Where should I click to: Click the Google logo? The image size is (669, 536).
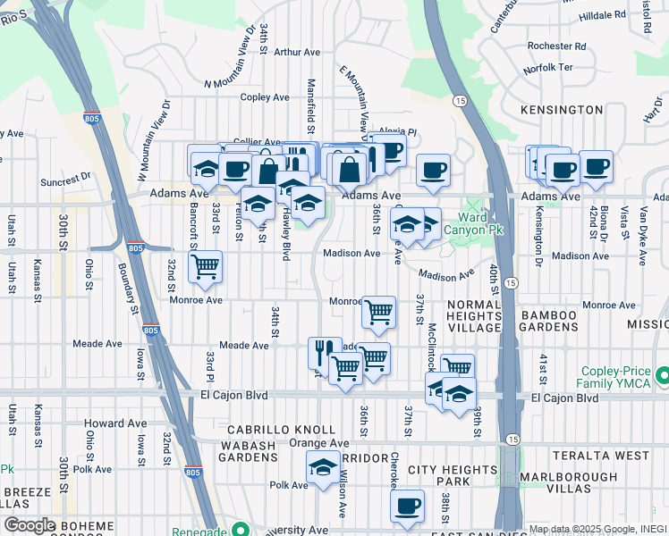click(x=30, y=525)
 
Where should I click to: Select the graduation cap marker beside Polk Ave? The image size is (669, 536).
click(x=324, y=465)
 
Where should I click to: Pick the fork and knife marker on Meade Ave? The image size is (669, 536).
click(x=325, y=351)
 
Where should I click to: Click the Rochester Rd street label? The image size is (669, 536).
click(x=556, y=46)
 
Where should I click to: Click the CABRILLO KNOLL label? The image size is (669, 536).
click(x=262, y=430)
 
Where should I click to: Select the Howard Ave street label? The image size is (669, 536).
click(x=114, y=423)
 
